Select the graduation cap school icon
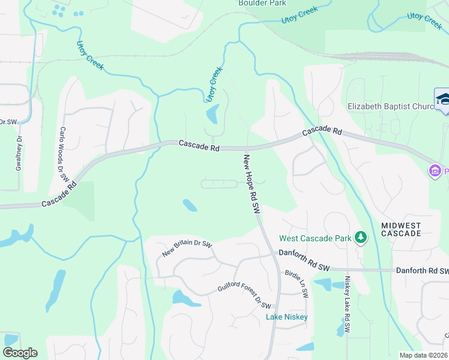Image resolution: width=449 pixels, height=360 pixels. pyautogui.click(x=443, y=98)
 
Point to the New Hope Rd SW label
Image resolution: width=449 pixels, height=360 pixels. pyautogui.click(x=251, y=185)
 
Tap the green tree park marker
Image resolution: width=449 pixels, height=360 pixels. pyautogui.click(x=360, y=238)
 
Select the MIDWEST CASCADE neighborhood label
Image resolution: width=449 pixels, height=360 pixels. pyautogui.click(x=401, y=229)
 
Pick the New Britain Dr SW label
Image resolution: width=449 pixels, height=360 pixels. pyautogui.click(x=187, y=248)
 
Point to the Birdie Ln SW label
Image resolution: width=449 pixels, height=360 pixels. pyautogui.click(x=297, y=283)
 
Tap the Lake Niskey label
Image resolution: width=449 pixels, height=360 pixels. pyautogui.click(x=287, y=317)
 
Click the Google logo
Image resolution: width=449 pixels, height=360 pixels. pyautogui.click(x=20, y=353)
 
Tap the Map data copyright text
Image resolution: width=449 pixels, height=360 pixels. pyautogui.click(x=424, y=355)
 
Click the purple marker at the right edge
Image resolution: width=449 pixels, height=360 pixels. pyautogui.click(x=435, y=172)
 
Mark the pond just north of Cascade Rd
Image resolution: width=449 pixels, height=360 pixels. pyautogui.click(x=212, y=113)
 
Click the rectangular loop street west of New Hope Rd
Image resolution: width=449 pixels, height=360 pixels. pyautogui.click(x=218, y=184)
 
